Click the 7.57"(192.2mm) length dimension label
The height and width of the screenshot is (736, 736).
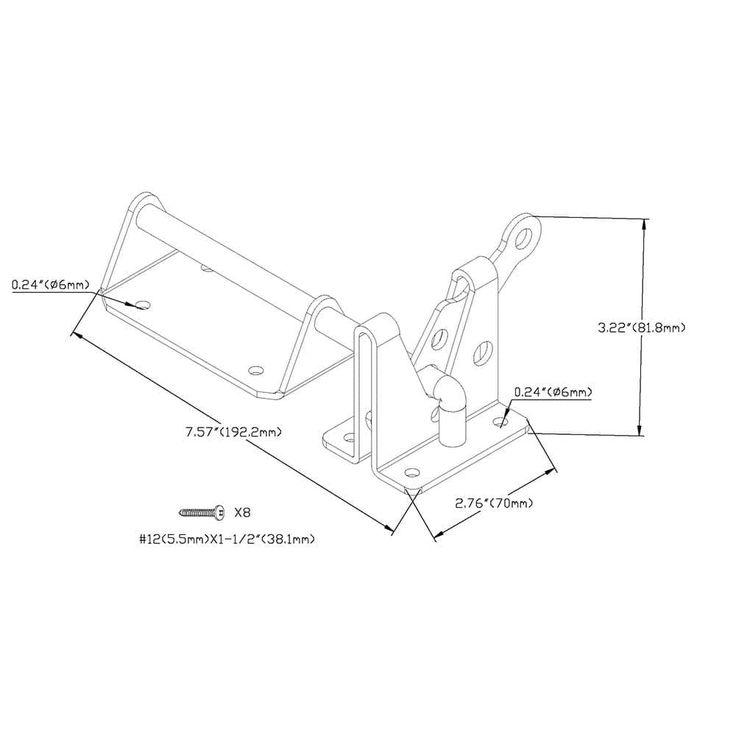(x=234, y=432)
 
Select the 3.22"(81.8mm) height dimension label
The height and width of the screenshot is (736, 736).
(x=642, y=328)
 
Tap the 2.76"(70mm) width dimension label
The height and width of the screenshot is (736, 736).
(x=494, y=503)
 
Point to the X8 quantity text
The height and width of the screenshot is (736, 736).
(x=242, y=512)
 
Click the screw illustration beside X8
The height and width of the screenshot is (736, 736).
(x=202, y=512)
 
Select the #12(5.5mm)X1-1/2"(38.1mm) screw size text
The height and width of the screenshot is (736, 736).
(x=227, y=539)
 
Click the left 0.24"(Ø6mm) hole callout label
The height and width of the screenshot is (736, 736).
(x=50, y=284)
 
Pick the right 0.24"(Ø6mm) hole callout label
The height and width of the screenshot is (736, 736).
(x=553, y=391)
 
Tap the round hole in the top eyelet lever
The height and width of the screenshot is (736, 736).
(x=523, y=238)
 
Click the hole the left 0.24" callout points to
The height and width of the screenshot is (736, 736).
(x=143, y=305)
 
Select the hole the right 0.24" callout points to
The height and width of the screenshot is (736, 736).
(x=499, y=422)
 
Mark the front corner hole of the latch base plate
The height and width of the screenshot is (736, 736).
(x=412, y=472)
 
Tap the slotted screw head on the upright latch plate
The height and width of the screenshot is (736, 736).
(x=482, y=353)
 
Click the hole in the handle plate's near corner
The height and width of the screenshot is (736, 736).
(x=256, y=370)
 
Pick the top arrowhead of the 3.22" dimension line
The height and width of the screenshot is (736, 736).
(x=646, y=224)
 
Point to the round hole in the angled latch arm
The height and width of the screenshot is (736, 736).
(x=439, y=339)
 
